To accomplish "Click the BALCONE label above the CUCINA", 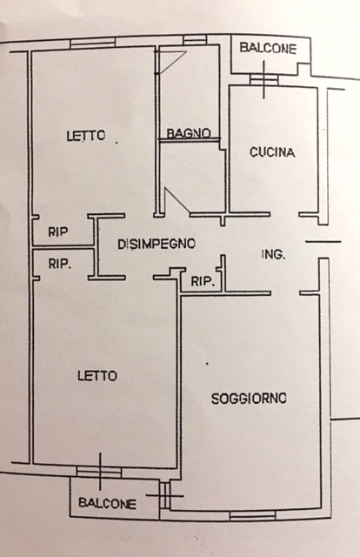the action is (268, 48).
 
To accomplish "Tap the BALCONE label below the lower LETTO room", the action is (107, 503).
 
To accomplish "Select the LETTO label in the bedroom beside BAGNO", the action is (86, 136).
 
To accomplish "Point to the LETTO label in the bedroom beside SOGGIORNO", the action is (97, 376).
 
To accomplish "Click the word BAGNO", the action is (189, 133).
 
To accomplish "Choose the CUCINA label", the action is (272, 152).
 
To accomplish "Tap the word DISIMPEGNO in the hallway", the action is (157, 244).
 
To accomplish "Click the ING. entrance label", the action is (273, 254).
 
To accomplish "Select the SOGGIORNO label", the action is (249, 399).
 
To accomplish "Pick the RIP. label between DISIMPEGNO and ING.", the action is (203, 282).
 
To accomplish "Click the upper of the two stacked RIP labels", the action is (58, 232).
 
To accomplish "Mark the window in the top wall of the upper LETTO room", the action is (93, 43).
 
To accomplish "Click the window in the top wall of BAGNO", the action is (195, 39).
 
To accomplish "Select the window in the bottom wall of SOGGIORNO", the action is (252, 515).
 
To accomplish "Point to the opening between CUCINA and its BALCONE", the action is (263, 79).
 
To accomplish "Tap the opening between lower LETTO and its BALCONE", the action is (99, 472).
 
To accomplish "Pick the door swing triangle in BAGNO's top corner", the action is (170, 62).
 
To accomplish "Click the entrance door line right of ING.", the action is (323, 242).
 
